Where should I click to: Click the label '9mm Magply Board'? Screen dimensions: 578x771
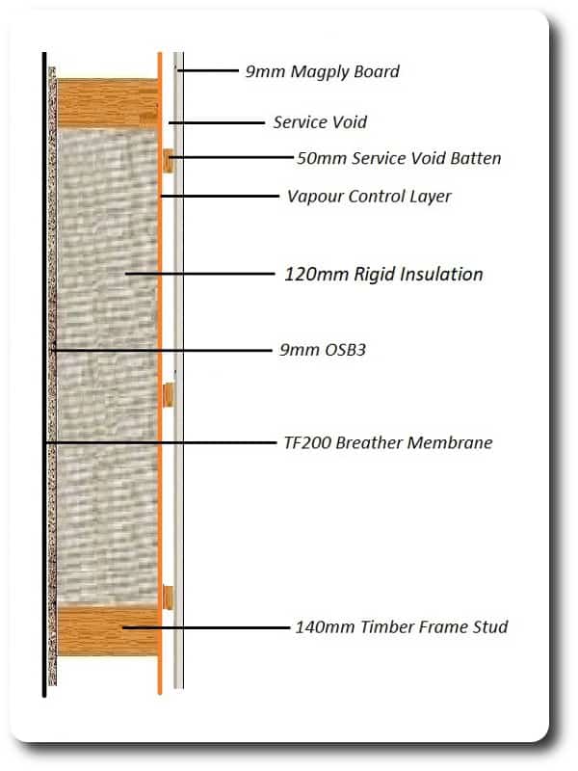pos(323,71)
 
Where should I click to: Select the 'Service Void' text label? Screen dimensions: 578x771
pos(320,122)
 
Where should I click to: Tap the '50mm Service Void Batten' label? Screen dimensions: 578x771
pos(399,158)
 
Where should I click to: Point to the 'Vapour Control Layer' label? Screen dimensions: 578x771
pos(369,197)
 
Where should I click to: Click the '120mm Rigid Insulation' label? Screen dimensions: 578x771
pos(383,274)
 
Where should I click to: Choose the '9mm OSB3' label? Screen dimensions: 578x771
pos(323,350)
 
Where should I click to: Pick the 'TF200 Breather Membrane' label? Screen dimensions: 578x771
pos(388,442)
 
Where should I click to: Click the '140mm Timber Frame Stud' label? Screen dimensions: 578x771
pos(402,627)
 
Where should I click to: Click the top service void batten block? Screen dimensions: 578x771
pos(168,160)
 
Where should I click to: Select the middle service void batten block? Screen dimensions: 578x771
pos(168,395)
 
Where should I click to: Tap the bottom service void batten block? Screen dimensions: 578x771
pos(168,598)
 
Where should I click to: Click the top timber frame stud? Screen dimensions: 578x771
pos(108,103)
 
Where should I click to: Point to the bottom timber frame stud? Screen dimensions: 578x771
pos(108,631)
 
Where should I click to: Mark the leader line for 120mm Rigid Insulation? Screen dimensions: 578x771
pos(200,274)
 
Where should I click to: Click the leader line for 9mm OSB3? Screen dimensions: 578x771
pos(162,351)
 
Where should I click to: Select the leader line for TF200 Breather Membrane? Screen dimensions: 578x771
pos(160,443)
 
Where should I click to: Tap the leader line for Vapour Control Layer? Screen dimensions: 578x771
pos(220,197)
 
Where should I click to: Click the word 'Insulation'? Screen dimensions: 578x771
pos(442,274)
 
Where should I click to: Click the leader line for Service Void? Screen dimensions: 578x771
pos(217,122)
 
